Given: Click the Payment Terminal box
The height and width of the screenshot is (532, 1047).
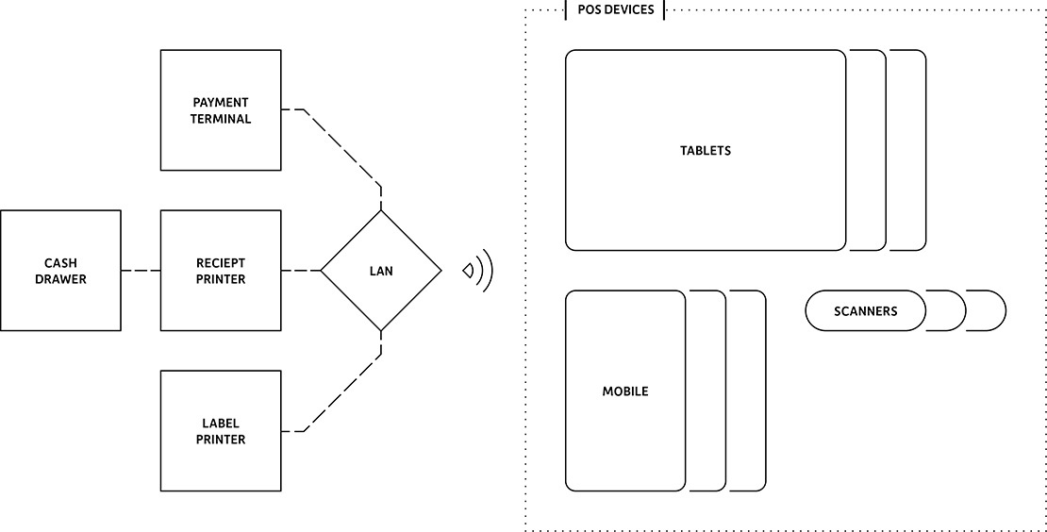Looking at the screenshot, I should pyautogui.click(x=221, y=110).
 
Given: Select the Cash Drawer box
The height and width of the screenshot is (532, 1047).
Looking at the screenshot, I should pyautogui.click(x=60, y=271).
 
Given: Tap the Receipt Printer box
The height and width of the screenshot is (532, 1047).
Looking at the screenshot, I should pyautogui.click(x=221, y=271).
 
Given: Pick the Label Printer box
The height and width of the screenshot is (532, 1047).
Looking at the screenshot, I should pyautogui.click(x=221, y=431).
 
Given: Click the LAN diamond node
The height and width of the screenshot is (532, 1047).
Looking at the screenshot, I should pyautogui.click(x=381, y=271).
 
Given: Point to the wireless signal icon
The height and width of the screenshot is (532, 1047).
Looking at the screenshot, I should pyautogui.click(x=478, y=271).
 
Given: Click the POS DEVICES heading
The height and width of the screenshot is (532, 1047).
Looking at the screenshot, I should pyautogui.click(x=615, y=9).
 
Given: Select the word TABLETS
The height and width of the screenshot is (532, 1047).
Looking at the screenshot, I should pyautogui.click(x=706, y=151).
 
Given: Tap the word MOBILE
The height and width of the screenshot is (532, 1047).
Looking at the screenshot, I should pyautogui.click(x=625, y=391).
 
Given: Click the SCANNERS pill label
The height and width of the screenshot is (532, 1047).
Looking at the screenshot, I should pyautogui.click(x=866, y=310).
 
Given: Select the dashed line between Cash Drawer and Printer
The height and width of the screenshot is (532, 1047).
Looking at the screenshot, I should pyautogui.click(x=141, y=271).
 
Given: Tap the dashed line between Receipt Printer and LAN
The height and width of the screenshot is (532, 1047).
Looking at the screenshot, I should pyautogui.click(x=301, y=271).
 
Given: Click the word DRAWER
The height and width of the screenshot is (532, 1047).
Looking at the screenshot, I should pyautogui.click(x=60, y=279).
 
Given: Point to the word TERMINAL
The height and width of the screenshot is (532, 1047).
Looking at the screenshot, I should pyautogui.click(x=222, y=119).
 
